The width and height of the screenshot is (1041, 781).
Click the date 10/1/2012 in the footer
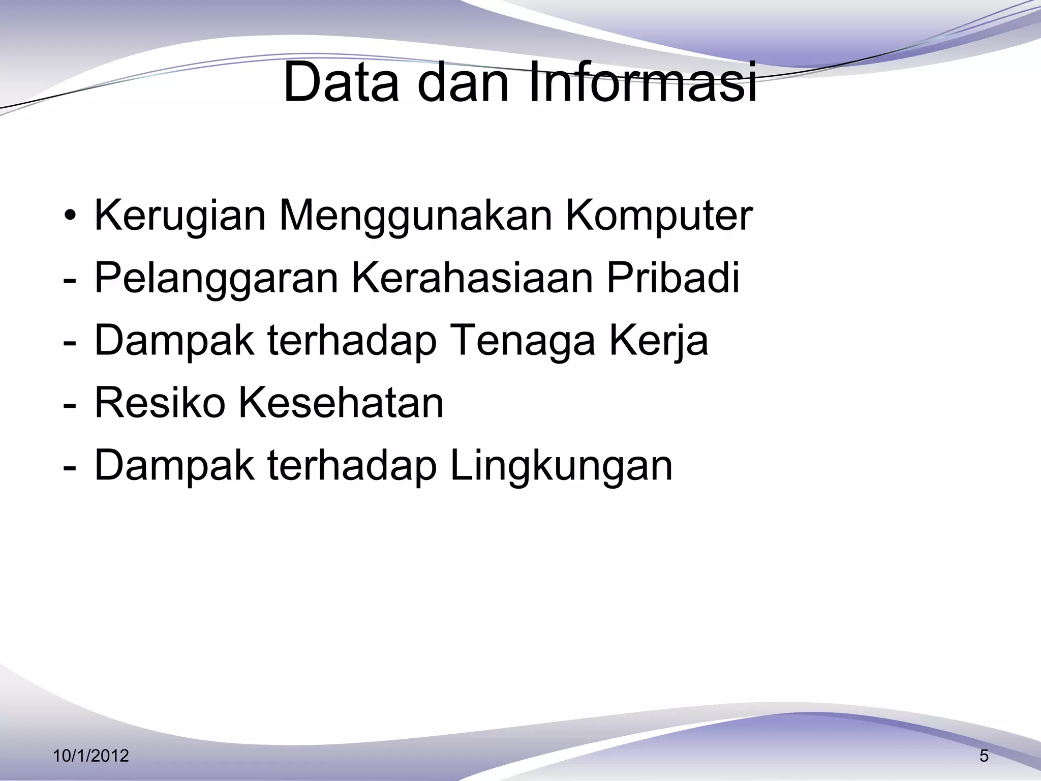[91, 756]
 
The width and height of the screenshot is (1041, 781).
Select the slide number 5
[984, 756]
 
